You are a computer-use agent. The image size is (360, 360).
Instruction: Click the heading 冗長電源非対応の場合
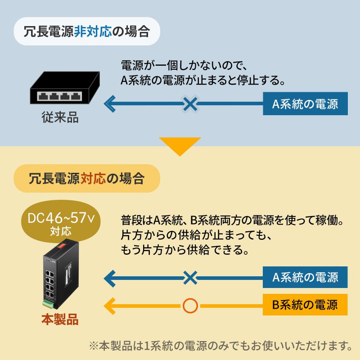[x=87, y=31]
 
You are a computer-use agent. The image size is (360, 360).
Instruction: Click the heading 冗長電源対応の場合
[x=87, y=178]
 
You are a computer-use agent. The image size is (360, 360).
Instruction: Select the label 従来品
[x=60, y=118]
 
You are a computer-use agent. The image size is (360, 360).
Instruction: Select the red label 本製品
[x=60, y=320]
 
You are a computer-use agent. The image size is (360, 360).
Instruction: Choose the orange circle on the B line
[x=190, y=306]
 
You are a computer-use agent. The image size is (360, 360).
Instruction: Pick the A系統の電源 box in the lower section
[x=305, y=277]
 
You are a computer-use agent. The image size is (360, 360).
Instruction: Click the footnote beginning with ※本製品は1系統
[x=220, y=346]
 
